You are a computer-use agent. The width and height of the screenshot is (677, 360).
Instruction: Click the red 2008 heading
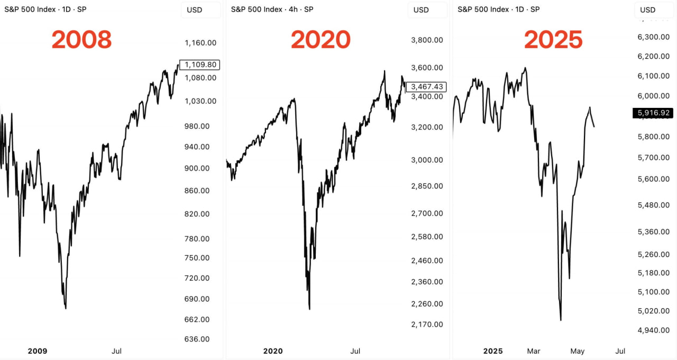tap(81, 40)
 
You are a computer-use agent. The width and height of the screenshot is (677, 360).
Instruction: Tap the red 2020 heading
tap(321, 40)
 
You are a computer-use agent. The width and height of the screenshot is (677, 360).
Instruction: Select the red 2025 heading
tap(553, 40)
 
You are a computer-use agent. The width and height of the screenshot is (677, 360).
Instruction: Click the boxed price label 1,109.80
tap(199, 64)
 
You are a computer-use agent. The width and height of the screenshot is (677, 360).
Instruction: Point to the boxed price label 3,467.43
tap(426, 87)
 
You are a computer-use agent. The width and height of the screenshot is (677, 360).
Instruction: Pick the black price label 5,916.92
tap(654, 113)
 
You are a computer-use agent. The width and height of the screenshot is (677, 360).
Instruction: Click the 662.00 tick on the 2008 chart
tap(197, 319)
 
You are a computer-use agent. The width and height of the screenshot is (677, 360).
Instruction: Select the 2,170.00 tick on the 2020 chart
tap(427, 324)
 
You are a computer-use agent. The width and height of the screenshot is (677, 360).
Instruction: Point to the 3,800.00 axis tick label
tap(427, 40)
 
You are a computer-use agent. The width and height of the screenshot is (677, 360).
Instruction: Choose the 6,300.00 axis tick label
tap(654, 37)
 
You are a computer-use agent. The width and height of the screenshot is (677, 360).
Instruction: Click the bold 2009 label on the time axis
tap(38, 351)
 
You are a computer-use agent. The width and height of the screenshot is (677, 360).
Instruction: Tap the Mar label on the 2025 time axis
tap(534, 351)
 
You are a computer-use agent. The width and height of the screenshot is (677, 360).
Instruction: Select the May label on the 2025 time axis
tap(578, 351)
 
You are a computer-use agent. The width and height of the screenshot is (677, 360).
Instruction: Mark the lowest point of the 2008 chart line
tap(66, 308)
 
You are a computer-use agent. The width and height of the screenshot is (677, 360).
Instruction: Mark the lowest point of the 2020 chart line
tap(309, 309)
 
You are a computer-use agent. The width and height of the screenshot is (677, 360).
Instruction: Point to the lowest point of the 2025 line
tap(561, 320)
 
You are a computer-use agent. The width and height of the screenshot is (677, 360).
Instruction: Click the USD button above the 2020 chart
tap(421, 10)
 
